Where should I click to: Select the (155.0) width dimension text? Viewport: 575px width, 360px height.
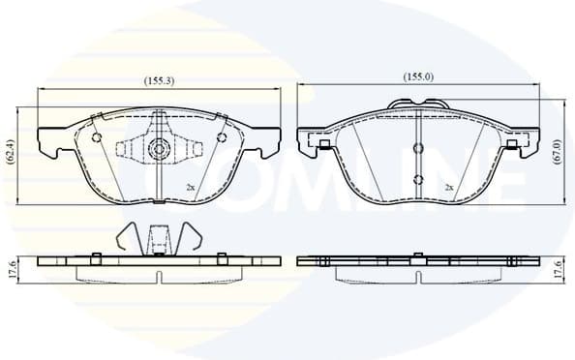click(418, 75)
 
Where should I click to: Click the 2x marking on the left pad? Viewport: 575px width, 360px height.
click(191, 186)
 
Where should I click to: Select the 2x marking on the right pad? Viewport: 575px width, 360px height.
click(449, 186)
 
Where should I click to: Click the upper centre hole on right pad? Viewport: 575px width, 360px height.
click(417, 148)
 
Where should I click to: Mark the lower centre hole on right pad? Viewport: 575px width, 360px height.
click(417, 179)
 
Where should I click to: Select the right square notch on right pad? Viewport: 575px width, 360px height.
click(510, 144)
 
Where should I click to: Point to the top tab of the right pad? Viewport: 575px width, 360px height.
click(417, 104)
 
